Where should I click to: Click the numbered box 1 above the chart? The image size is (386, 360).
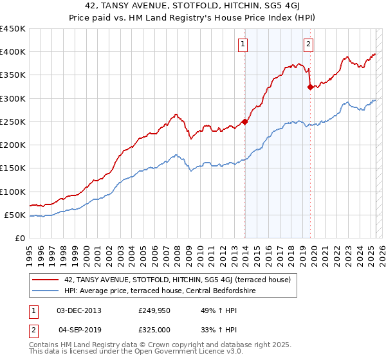coord(243,44)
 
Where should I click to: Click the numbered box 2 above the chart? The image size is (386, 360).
coord(309,44)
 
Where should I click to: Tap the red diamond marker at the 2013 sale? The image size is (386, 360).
coord(245,122)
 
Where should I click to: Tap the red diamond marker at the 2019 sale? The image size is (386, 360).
coord(310,87)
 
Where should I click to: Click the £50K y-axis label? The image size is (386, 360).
coord(15,215)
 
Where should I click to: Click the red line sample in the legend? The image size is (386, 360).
coord(46,280)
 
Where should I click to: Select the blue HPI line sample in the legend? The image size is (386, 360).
coord(46,291)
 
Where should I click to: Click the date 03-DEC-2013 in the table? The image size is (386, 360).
coord(79,310)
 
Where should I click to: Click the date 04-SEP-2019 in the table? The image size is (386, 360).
coord(79,329)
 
